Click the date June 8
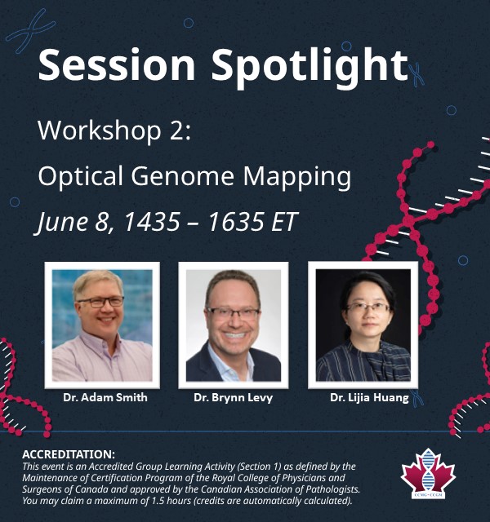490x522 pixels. coord(69,223)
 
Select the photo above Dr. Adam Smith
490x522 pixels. coord(102,325)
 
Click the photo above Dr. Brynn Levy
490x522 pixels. coord(234,325)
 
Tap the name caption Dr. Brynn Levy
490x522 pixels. coord(234,397)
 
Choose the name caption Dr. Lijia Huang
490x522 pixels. coord(369,397)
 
